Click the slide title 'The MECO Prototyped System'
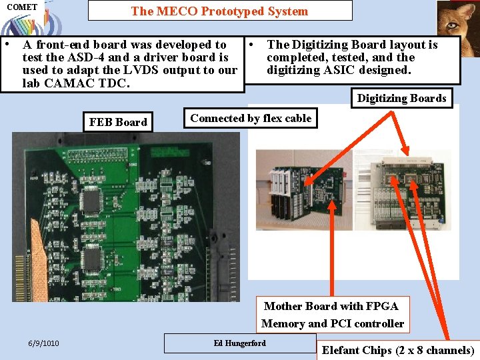[x=219, y=11]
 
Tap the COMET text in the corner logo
[x=22, y=7]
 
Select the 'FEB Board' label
[x=118, y=122]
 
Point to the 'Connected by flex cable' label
[x=251, y=119]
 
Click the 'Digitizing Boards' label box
[x=401, y=98]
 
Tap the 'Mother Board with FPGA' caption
[x=331, y=306]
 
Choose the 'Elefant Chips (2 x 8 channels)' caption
[x=398, y=350]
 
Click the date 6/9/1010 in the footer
[x=43, y=343]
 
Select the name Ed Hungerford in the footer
[x=239, y=343]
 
